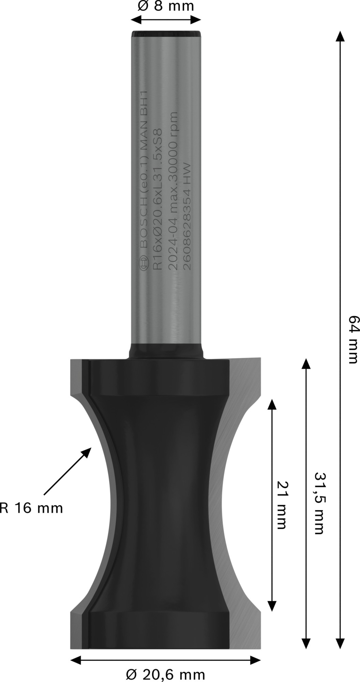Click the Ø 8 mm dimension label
pos(166,6)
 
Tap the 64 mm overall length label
pos(353,340)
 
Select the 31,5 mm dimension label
pos(318,503)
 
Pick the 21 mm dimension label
pos(282,505)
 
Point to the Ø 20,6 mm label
pos(165,674)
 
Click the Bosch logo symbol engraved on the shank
pos(144,264)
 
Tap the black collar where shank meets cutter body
pos(166,351)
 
